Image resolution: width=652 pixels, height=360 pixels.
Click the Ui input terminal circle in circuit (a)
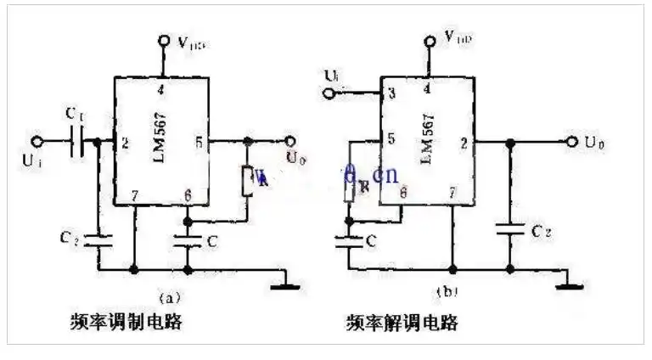click(37, 142)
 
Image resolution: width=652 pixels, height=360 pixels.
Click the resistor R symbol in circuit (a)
click(247, 179)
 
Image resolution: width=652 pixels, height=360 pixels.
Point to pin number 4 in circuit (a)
click(162, 87)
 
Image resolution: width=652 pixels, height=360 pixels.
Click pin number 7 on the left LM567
click(133, 196)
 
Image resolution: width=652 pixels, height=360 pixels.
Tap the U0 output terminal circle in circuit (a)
click(289, 142)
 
